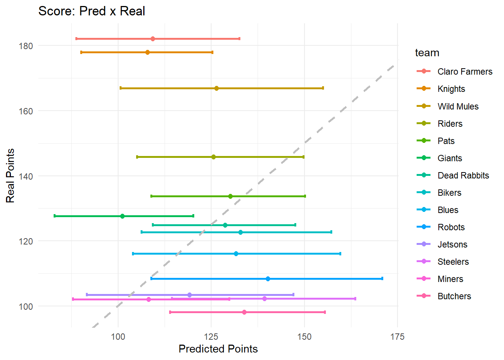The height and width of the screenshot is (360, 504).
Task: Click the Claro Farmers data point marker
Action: click(153, 39)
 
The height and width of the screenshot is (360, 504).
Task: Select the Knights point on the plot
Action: click(147, 52)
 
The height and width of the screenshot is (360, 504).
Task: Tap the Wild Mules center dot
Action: click(216, 88)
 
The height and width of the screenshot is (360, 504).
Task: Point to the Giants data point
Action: click(122, 216)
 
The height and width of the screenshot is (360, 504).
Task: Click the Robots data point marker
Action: click(268, 279)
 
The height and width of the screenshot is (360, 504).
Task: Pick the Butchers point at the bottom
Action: click(244, 312)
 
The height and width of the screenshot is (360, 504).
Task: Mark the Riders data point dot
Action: click(213, 157)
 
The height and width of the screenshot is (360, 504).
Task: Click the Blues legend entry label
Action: click(448, 210)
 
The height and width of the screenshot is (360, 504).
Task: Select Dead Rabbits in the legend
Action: click(463, 175)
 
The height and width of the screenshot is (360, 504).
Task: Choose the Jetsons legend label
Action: click(452, 244)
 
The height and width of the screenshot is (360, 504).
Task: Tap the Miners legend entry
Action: click(450, 279)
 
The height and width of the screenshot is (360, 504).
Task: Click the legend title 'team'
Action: click(427, 53)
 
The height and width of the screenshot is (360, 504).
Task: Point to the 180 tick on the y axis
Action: click(25, 46)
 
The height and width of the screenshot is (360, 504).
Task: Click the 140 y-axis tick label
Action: click(25, 176)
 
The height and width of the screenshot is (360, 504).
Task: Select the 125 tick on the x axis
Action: click(211, 336)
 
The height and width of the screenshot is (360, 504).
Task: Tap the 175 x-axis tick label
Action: click(397, 336)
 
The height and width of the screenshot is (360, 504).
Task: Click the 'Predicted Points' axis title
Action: click(218, 349)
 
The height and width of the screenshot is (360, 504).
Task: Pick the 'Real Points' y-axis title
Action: click(10, 175)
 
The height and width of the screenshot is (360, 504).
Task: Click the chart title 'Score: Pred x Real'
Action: click(91, 11)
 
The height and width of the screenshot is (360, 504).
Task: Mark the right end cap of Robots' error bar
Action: click(382, 279)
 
